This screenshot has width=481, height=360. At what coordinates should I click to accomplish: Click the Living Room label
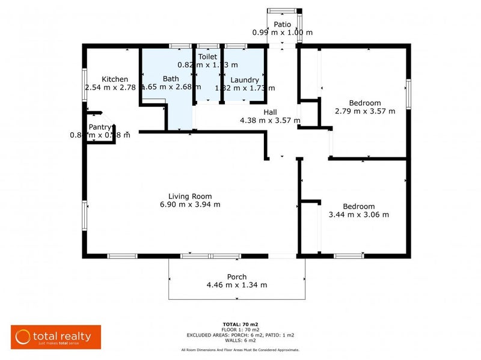tap(190, 196)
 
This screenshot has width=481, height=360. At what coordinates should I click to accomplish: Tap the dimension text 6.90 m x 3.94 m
tap(190, 204)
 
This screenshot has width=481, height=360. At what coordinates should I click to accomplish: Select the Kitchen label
tap(114, 79)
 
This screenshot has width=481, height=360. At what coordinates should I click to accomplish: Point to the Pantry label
tap(100, 127)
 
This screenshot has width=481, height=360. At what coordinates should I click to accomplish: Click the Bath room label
tap(171, 79)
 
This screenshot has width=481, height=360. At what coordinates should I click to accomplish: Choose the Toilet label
tap(207, 56)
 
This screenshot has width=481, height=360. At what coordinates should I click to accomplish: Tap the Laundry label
tap(245, 80)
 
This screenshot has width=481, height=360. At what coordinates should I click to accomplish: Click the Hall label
tap(270, 112)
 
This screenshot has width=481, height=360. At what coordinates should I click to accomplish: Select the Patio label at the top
tap(282, 25)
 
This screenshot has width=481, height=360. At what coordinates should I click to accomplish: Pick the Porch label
tap(236, 277)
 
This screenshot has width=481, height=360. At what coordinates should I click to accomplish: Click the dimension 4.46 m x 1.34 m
tap(236, 285)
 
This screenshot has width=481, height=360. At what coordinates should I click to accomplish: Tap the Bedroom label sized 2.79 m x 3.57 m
tap(365, 103)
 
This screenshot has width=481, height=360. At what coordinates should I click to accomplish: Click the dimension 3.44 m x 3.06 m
tap(359, 215)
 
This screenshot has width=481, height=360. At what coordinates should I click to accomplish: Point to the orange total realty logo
tap(56, 337)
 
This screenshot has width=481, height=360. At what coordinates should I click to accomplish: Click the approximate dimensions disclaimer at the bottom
tap(240, 350)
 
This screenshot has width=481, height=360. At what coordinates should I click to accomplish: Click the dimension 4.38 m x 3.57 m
tap(270, 120)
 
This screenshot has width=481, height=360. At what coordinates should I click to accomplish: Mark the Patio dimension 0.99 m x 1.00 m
tap(282, 32)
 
